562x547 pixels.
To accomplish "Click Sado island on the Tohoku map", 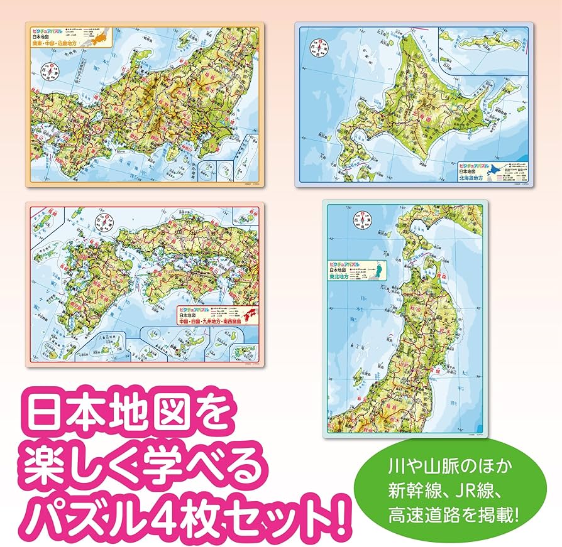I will (358, 376).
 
